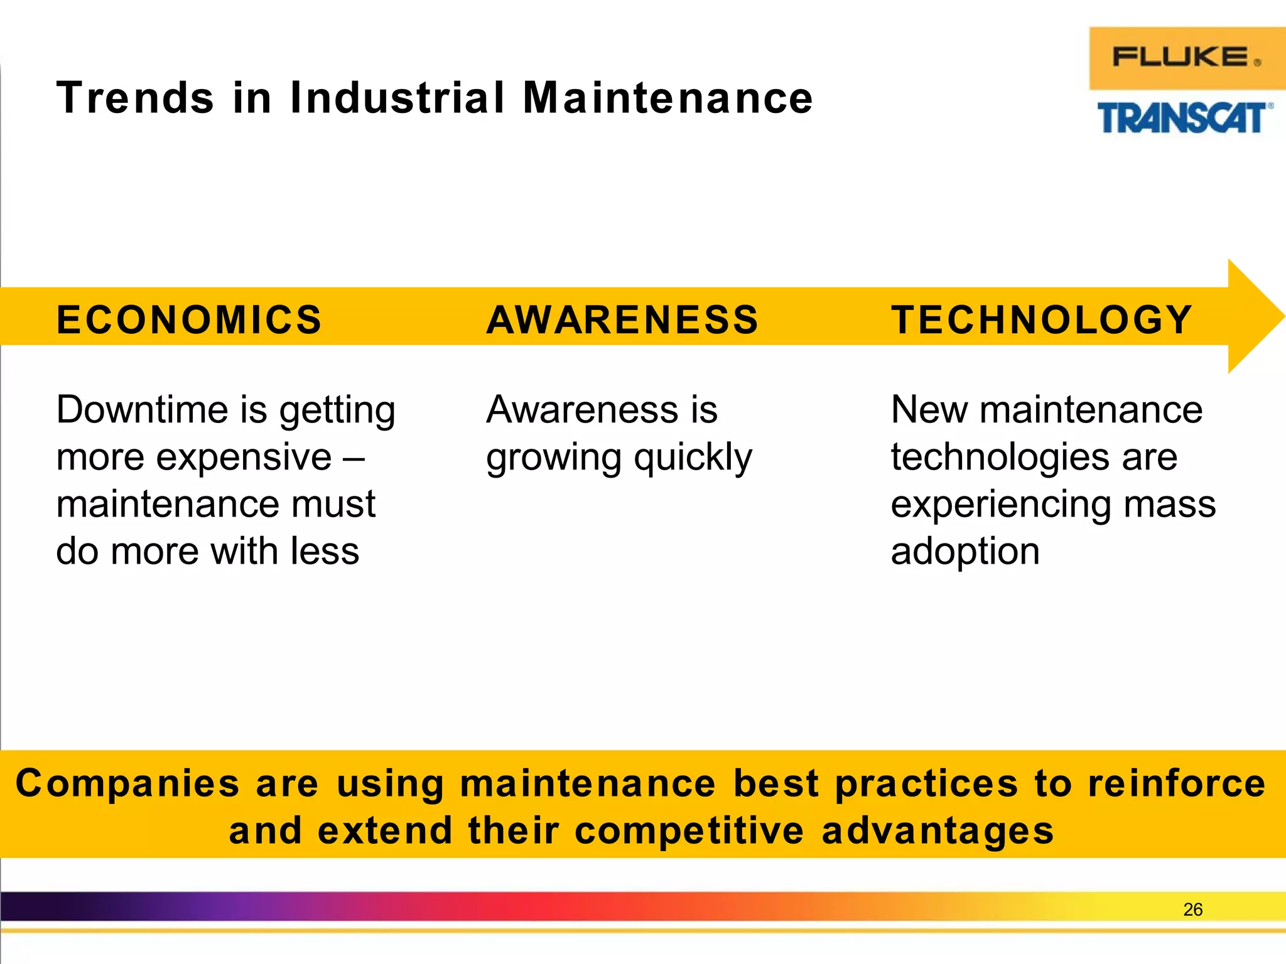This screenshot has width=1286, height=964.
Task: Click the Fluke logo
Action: pos(1186,58)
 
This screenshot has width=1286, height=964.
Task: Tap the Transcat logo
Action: pos(1184,119)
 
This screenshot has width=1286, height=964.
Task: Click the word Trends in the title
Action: pos(135,99)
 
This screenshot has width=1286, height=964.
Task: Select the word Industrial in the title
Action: pos(397,99)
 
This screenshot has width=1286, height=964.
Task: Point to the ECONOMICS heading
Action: pos(189,319)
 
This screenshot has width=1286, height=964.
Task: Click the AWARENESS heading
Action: pos(622,319)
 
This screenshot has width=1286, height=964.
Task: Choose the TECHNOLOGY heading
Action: pos(1042,319)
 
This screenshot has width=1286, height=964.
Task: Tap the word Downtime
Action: pos(142,410)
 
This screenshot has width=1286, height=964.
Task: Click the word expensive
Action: pos(244,457)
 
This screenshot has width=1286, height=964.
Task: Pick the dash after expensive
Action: pos(353,457)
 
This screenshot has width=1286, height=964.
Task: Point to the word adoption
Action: pos(965,552)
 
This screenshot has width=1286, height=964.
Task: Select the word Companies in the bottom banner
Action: pos(127,785)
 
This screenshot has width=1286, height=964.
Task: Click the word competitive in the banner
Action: pos(689,831)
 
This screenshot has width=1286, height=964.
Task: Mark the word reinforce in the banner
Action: pos(1176,784)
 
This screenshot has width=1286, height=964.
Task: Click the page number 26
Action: pos(1192,909)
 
